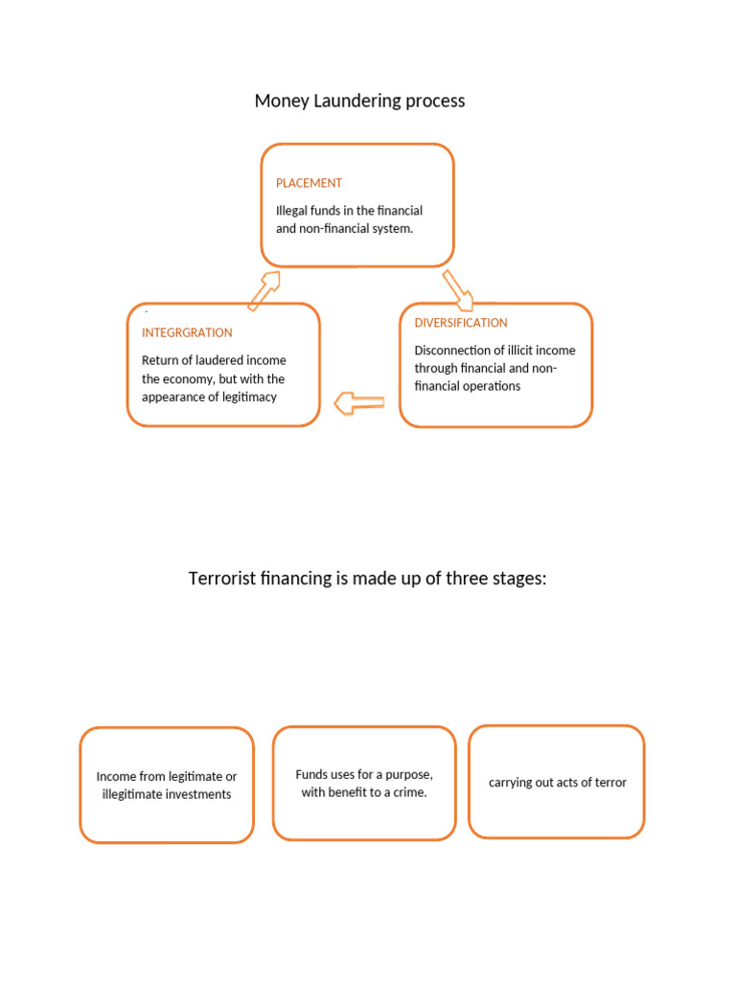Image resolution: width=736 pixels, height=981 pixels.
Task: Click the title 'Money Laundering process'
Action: tap(359, 101)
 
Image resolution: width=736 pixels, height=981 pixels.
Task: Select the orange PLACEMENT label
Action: tap(309, 183)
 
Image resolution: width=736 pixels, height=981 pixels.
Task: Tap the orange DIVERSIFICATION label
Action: tap(461, 323)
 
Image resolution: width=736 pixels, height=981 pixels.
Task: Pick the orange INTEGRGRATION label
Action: tap(187, 332)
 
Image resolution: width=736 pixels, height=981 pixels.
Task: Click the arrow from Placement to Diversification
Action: tap(458, 289)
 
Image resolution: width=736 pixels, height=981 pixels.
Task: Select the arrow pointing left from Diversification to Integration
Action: tap(359, 403)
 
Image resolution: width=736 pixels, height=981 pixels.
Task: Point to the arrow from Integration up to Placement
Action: tap(264, 290)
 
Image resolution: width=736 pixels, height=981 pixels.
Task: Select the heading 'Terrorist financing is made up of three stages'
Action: tap(367, 579)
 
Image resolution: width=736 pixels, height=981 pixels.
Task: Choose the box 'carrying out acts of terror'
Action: tap(557, 782)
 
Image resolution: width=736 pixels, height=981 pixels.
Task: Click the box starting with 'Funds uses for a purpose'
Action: tap(364, 783)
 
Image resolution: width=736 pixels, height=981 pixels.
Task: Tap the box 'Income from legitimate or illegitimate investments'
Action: tap(167, 785)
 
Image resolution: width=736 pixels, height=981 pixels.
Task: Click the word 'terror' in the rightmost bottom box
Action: tap(609, 783)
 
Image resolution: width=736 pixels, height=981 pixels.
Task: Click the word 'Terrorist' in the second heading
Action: tap(223, 579)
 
